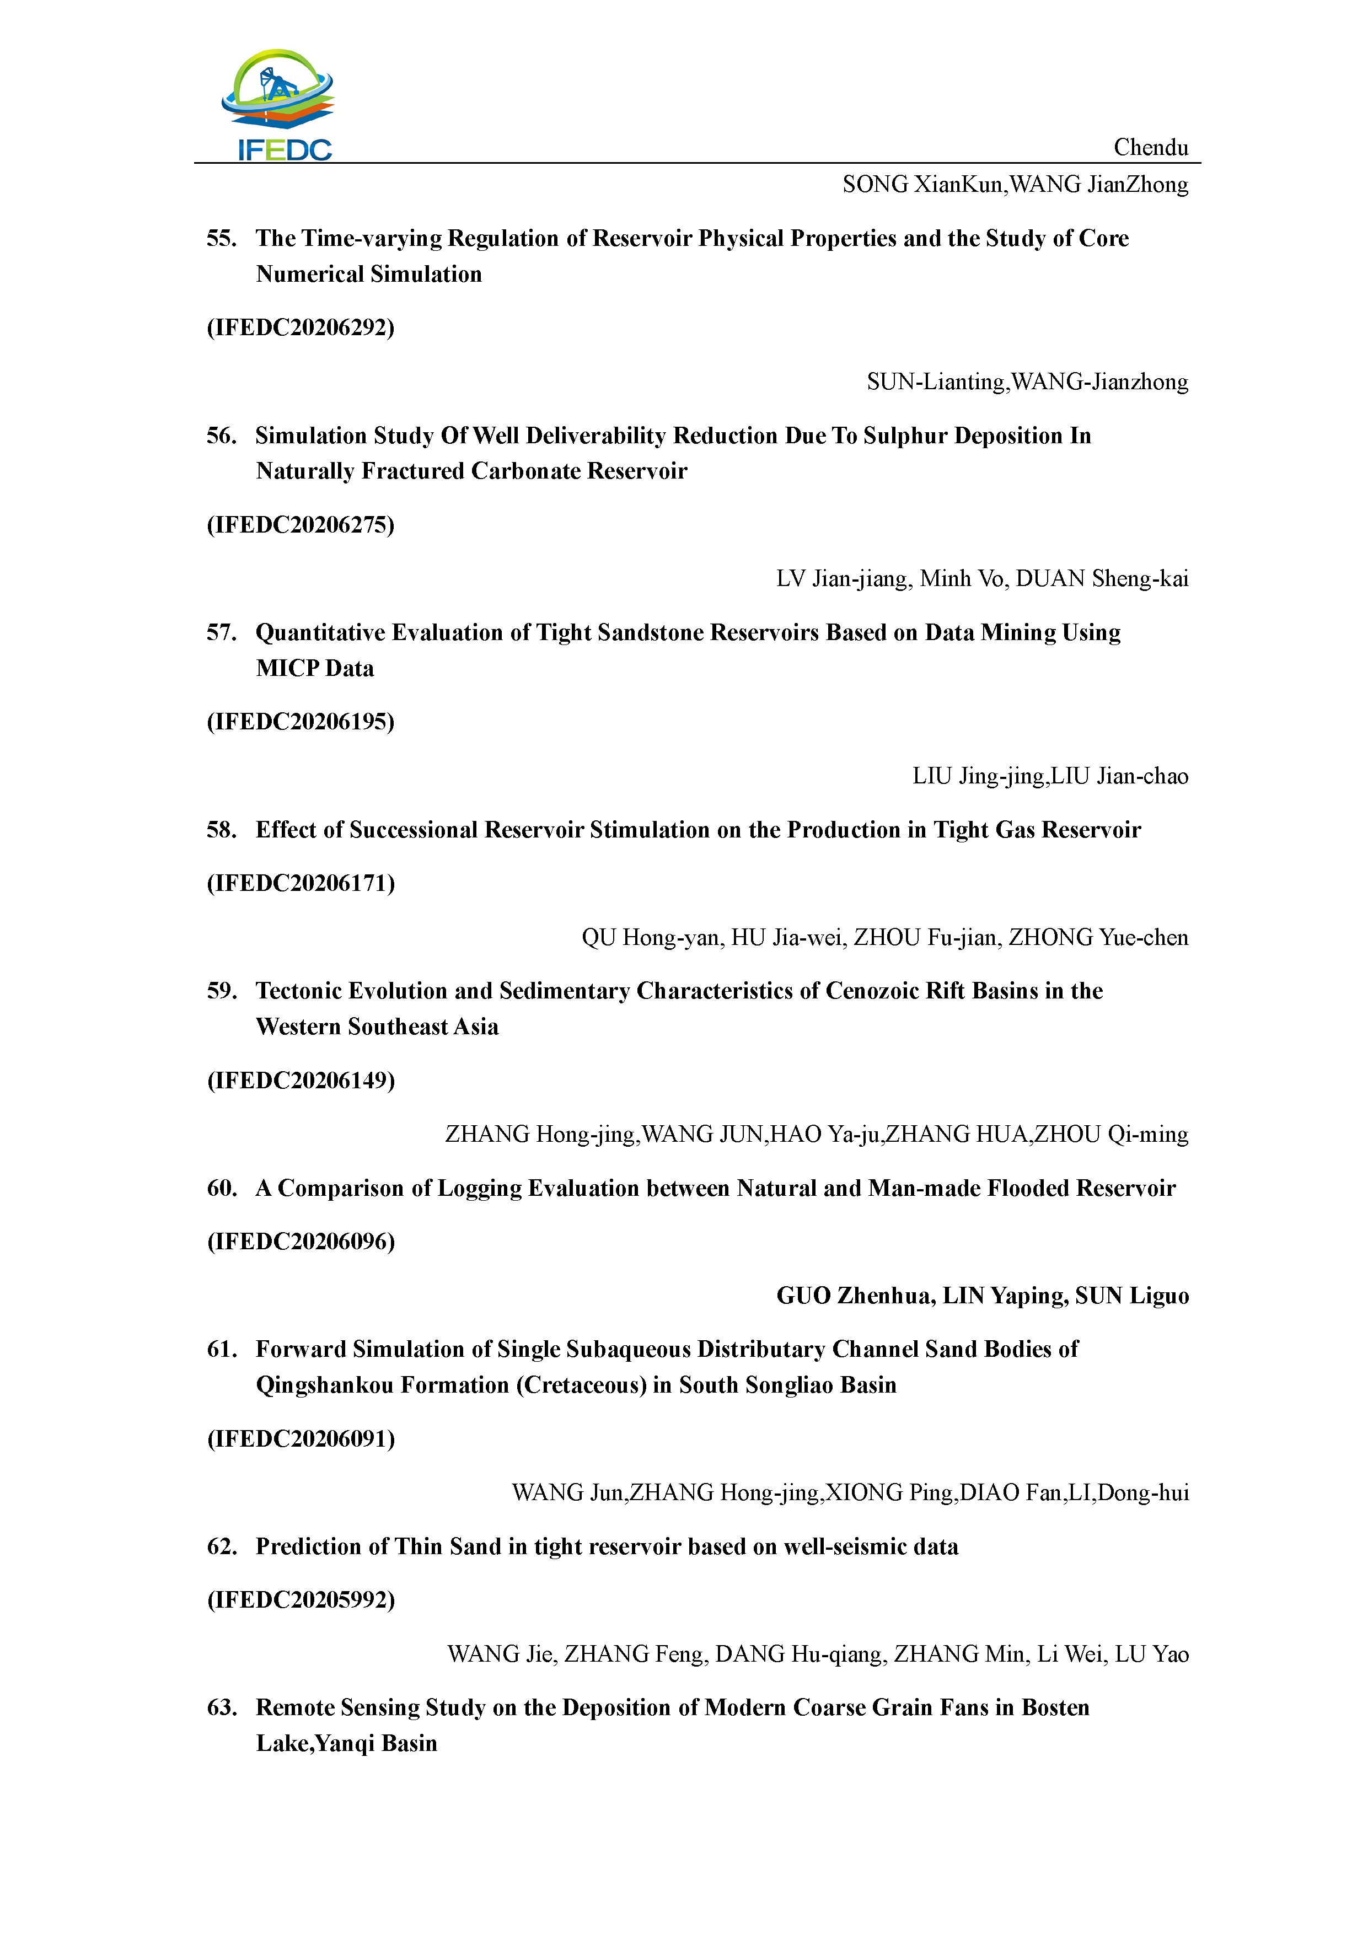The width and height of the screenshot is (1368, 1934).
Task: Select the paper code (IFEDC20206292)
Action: [x=301, y=327]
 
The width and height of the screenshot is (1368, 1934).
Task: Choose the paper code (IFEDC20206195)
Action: [x=301, y=722]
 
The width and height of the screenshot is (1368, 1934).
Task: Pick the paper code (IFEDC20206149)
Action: [x=301, y=1081]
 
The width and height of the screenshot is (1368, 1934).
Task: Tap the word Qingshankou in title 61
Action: [x=327, y=1385]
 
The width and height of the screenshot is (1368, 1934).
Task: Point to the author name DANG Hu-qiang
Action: [x=800, y=1654]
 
